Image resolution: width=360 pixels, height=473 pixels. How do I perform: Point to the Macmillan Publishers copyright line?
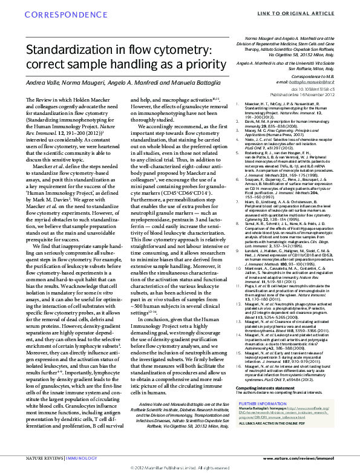click(x=180, y=468)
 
